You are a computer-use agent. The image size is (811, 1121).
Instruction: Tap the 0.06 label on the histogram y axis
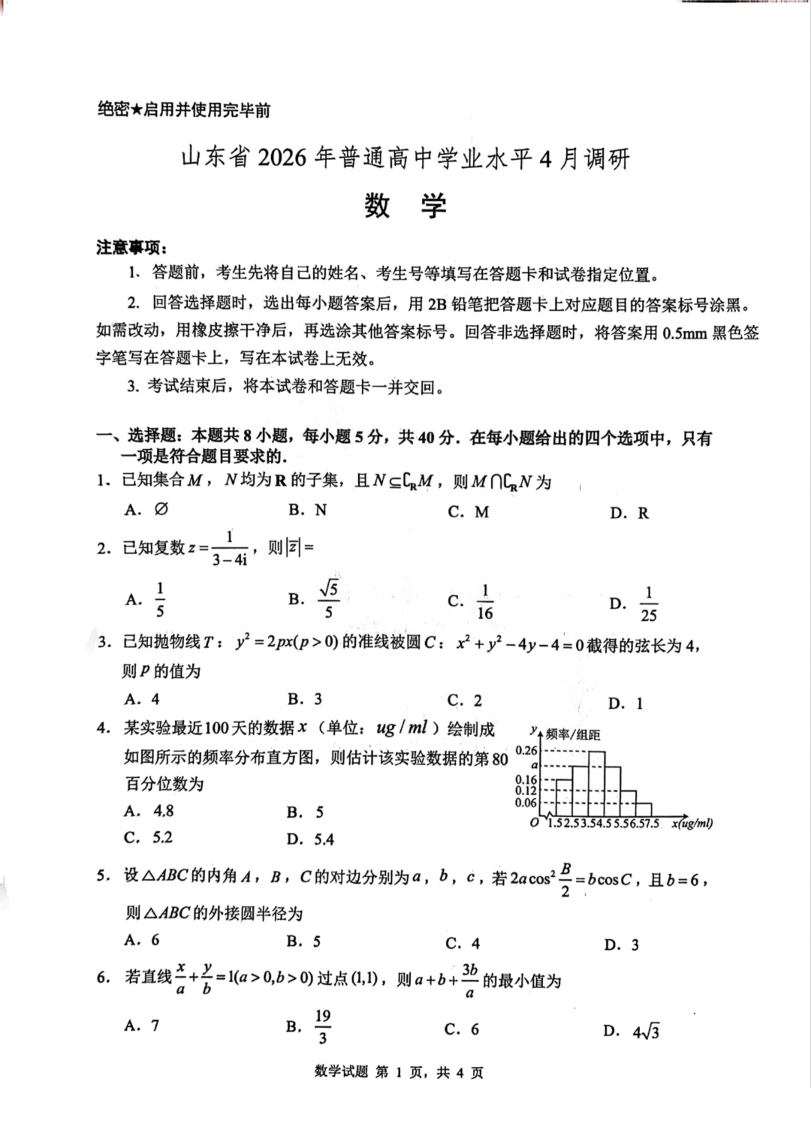click(526, 803)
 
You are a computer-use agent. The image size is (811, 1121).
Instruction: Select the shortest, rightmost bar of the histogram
click(644, 809)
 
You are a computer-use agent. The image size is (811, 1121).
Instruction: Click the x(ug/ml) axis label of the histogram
click(692, 824)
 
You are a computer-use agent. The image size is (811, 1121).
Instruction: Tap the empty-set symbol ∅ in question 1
click(161, 509)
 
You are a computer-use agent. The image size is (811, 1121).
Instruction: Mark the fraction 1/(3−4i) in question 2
click(229, 549)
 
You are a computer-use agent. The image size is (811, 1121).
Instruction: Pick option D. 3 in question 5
click(622, 945)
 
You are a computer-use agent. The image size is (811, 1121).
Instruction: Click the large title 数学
click(405, 205)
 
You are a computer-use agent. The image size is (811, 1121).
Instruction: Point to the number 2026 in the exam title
click(282, 158)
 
